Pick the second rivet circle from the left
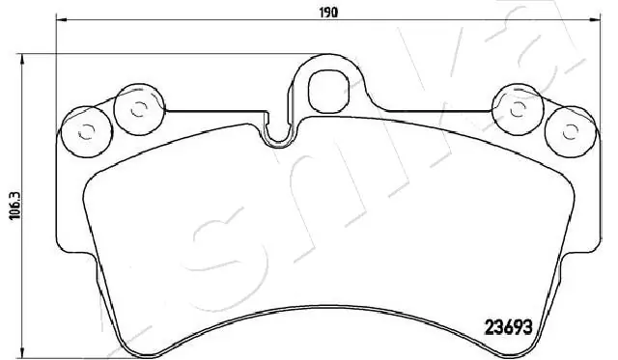point(137,109)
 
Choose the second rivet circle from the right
point(515,109)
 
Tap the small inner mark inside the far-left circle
point(83,131)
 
